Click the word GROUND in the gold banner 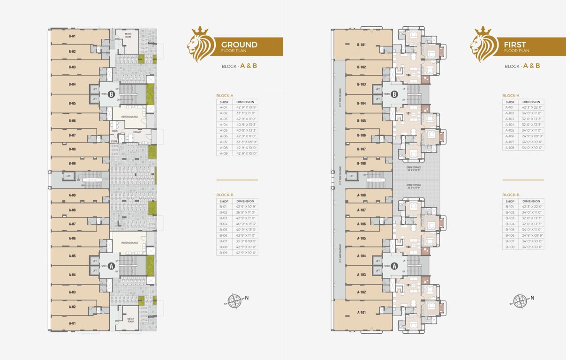point(239,45)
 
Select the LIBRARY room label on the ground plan point(137,132)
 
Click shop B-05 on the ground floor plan point(72,103)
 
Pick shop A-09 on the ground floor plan point(72,195)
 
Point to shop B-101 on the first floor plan point(361,45)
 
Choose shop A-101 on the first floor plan point(361,312)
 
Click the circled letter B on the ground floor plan point(111,94)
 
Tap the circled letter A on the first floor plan point(394,266)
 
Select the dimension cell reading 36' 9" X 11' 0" point(245,212)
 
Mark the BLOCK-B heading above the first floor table point(511,195)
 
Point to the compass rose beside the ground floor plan point(234,300)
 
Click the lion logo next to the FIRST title point(482,45)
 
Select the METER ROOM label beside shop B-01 point(130,36)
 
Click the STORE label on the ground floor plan point(113,141)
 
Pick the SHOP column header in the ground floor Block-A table point(224,102)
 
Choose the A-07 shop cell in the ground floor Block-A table point(224,142)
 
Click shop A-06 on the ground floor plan point(72,239)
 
